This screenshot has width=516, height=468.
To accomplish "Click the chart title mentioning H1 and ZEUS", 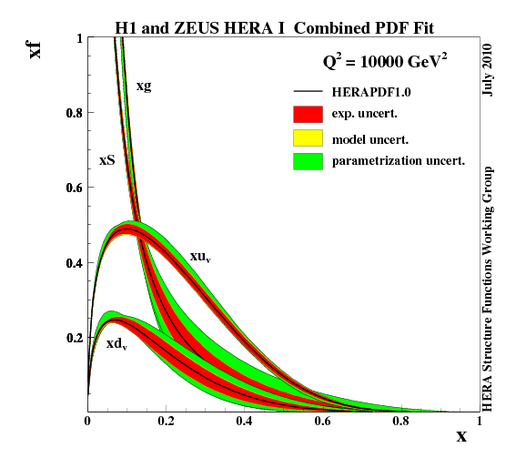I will pos(274,27).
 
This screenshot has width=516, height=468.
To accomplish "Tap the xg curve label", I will pos(144,86).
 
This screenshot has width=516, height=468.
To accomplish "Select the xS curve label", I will pos(107,159).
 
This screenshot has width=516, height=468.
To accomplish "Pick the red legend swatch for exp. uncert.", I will pos(309,115).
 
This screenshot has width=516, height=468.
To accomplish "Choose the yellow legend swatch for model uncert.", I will pos(309,137).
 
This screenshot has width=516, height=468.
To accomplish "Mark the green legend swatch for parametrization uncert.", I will pos(309,161).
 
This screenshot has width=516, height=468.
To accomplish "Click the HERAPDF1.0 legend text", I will pos(371,92).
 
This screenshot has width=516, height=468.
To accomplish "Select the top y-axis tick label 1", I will pos(79,38).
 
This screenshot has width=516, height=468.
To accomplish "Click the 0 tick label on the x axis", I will pos(87,422).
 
